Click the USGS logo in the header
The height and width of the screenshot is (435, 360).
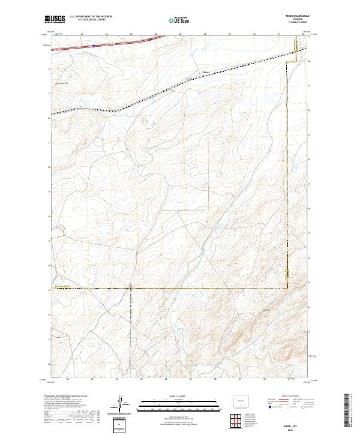[55, 20]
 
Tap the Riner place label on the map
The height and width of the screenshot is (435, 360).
[207, 73]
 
